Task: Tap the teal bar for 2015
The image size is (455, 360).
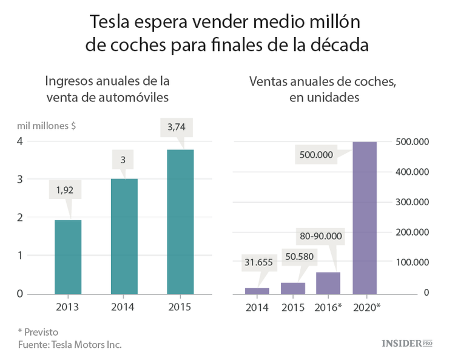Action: tap(180, 222)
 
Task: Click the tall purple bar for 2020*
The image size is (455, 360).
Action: tap(365, 217)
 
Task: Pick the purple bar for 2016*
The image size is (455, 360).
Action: tap(328, 282)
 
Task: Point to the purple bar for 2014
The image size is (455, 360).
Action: tap(257, 290)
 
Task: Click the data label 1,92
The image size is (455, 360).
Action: tap(64, 190)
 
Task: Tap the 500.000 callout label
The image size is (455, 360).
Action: tap(316, 155)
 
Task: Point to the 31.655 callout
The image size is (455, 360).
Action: tap(259, 263)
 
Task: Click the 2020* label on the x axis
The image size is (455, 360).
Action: tap(366, 307)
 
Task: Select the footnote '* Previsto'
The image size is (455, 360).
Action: tap(38, 331)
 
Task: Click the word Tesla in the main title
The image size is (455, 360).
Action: tap(112, 22)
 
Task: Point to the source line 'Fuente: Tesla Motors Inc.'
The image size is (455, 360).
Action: tap(69, 344)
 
